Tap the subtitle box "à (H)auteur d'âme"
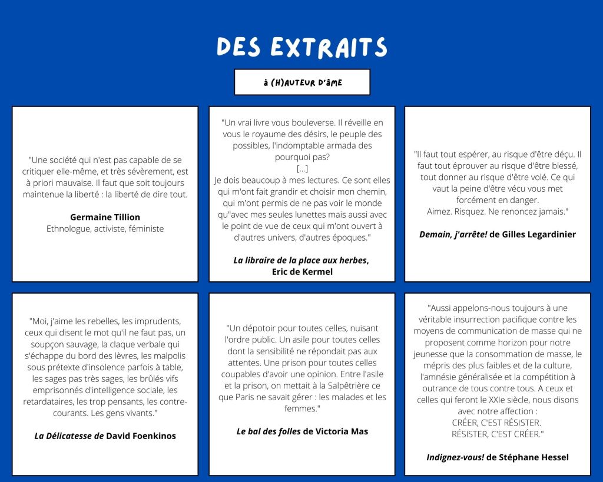point(302,82)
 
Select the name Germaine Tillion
point(105,217)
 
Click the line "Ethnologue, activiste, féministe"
point(105,229)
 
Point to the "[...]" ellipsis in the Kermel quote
point(302,169)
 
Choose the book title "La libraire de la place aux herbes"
point(300,260)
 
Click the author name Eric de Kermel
point(302,272)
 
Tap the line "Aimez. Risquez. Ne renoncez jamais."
point(497,211)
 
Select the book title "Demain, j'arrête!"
point(453,234)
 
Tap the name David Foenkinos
point(141,436)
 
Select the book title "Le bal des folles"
point(269,431)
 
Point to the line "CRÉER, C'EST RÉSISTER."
point(496,423)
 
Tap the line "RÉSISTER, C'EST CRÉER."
point(497,434)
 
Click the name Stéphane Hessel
point(534,457)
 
